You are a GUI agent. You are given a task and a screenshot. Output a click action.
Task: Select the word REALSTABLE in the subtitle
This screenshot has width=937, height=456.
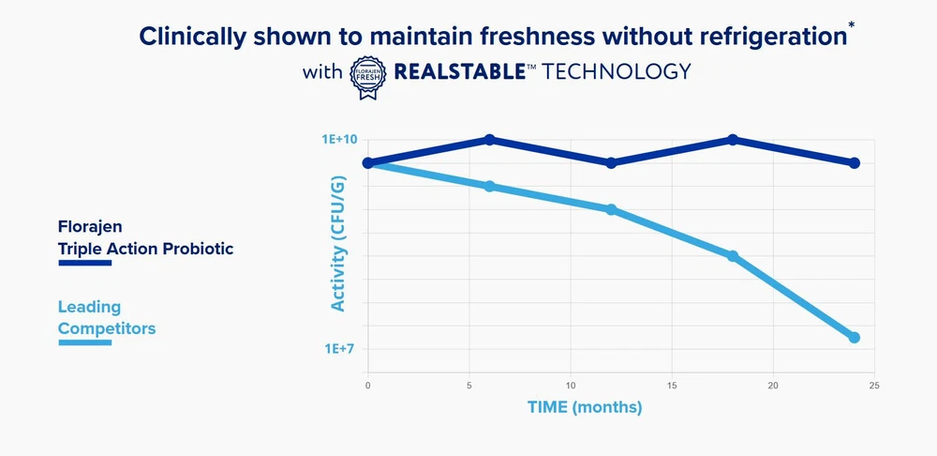[460, 71]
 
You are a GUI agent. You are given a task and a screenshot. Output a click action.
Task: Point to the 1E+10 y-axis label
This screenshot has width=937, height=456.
[340, 140]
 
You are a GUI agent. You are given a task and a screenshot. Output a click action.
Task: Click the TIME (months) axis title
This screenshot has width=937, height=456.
[585, 408]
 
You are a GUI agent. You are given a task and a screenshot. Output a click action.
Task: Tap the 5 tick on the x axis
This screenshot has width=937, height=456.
[469, 386]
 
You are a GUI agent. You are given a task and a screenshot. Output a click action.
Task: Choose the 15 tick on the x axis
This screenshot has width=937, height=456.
[672, 386]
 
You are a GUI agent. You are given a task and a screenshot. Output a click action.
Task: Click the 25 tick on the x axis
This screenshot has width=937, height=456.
[873, 386]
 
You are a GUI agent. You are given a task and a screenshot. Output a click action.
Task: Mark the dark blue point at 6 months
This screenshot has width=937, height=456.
[489, 140]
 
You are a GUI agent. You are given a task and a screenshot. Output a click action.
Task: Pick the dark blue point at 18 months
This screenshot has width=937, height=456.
[733, 140]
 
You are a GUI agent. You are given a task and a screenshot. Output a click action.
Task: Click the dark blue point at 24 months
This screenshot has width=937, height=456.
[855, 163]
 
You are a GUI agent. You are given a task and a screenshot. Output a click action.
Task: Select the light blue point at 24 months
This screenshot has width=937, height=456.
[855, 338]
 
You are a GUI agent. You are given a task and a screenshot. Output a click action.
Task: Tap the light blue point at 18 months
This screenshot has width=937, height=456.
[733, 256]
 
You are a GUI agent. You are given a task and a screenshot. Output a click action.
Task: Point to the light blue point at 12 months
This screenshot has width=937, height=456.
[611, 209]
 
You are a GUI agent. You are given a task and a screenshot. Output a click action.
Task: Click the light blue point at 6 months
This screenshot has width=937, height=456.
[489, 186]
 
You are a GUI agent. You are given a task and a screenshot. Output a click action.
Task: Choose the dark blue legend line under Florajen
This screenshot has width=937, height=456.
[85, 264]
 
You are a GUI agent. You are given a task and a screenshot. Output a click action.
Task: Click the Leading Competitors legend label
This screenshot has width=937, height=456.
[107, 318]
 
